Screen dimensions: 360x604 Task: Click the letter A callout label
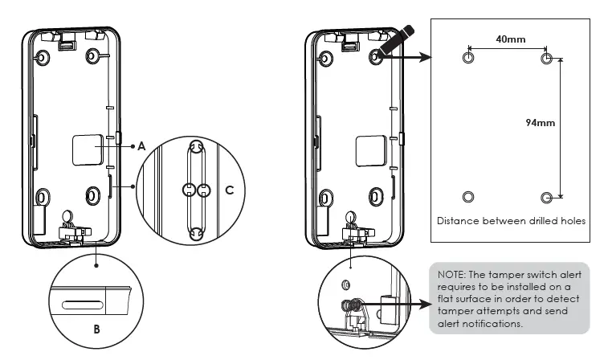(x=141, y=146)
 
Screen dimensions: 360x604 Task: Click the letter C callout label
(x=229, y=190)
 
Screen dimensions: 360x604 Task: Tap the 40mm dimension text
(x=506, y=39)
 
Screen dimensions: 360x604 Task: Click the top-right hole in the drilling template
(x=546, y=59)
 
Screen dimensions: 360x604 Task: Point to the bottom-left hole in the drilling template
(x=469, y=197)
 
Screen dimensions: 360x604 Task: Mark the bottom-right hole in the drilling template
(x=546, y=197)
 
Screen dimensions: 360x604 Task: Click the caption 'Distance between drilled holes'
(x=511, y=220)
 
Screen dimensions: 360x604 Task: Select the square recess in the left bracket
(x=88, y=149)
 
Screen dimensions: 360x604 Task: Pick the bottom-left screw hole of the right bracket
(x=327, y=196)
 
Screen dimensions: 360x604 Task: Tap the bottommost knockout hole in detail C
(x=193, y=234)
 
